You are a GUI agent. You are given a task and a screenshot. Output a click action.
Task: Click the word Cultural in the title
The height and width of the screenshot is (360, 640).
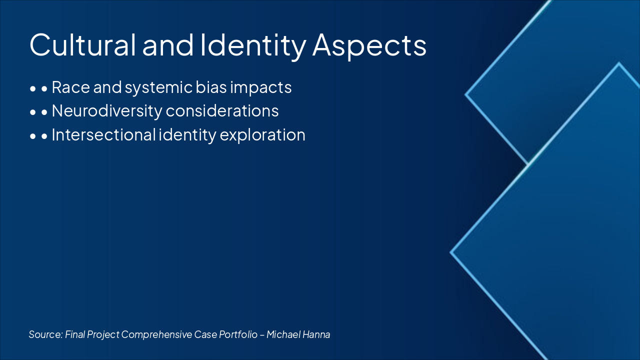coord(82,45)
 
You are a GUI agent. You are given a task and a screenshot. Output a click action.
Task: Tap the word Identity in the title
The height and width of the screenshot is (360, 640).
coord(253,47)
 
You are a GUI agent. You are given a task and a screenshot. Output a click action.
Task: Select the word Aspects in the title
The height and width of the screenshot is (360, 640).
coord(369,47)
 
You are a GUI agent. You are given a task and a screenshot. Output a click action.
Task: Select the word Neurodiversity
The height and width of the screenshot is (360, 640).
coord(107,111)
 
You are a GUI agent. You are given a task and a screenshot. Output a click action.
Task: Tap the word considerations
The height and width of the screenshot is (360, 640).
coord(222,111)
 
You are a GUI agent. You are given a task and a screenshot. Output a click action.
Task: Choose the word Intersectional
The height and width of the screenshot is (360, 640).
coord(103,135)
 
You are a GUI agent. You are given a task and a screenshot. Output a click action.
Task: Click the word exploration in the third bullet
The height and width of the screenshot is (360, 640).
coord(262,135)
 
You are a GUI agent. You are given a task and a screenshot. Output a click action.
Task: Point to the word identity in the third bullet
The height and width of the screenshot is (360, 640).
coord(187,135)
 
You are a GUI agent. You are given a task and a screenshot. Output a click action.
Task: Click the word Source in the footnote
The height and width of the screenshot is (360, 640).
coord(45,334)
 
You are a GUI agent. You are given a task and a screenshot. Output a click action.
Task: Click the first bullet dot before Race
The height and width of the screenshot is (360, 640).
coord(33,89)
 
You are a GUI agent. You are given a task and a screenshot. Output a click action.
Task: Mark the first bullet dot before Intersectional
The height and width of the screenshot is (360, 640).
coord(33,136)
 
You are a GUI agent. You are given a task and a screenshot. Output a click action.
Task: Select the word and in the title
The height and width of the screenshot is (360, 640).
coord(168,45)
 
